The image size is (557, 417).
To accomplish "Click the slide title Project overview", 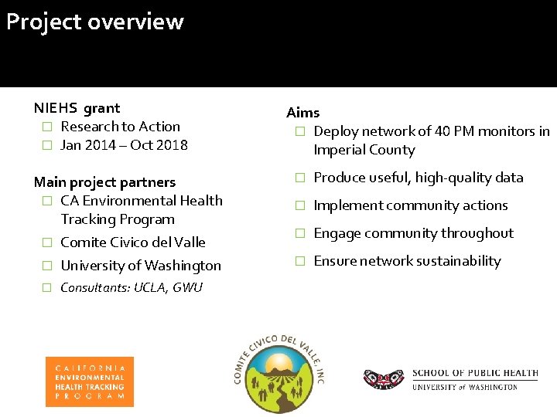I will tap(94, 22).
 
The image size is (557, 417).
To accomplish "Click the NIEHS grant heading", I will tap(77, 108).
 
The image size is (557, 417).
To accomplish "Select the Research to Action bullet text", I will tap(120, 127).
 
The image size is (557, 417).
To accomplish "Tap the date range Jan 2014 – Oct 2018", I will tap(124, 145).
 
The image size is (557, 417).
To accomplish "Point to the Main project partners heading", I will tap(104, 182).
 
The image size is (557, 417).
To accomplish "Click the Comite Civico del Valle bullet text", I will tap(132, 242).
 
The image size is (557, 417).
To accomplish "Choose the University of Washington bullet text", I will tap(140, 266).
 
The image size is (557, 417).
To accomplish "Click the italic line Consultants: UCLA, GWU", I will tap(131, 288).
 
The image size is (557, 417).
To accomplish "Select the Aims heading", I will tap(302, 113).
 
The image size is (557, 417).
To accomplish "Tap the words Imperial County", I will tap(364, 150).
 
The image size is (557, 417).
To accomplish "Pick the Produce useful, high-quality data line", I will tap(418, 178).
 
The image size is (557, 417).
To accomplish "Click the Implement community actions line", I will tap(410, 205).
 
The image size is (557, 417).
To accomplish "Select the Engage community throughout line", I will tap(413, 233).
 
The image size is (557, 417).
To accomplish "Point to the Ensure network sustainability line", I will tap(407, 261).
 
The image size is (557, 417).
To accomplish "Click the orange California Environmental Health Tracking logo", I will tap(89, 381).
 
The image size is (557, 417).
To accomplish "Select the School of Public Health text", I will tap(474, 373).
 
